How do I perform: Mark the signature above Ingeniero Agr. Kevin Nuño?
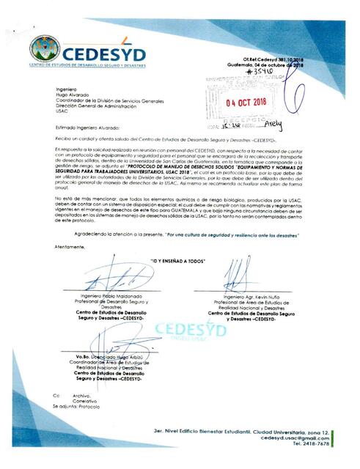pos(238,277)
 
